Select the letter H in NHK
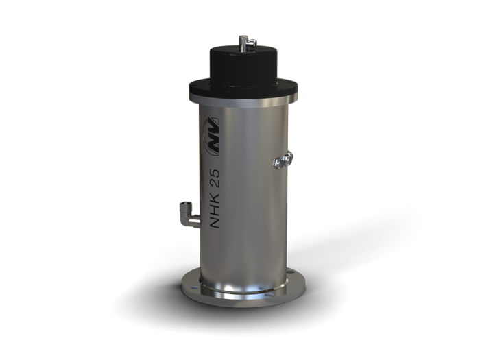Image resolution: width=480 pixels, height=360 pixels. (x=215, y=208)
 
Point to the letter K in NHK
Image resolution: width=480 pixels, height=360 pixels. (x=215, y=195)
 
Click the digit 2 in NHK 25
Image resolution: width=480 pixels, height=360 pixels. (x=215, y=180)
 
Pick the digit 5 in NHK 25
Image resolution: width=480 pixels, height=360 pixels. (x=215, y=171)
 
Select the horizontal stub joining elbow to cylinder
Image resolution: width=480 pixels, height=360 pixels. (x=196, y=221)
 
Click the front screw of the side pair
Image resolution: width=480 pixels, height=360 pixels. (x=277, y=163)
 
